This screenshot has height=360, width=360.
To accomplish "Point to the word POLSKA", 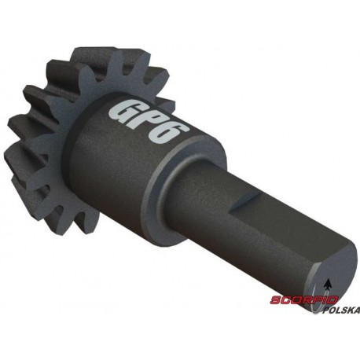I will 340,310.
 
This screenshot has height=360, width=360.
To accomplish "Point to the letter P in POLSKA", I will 326,310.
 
